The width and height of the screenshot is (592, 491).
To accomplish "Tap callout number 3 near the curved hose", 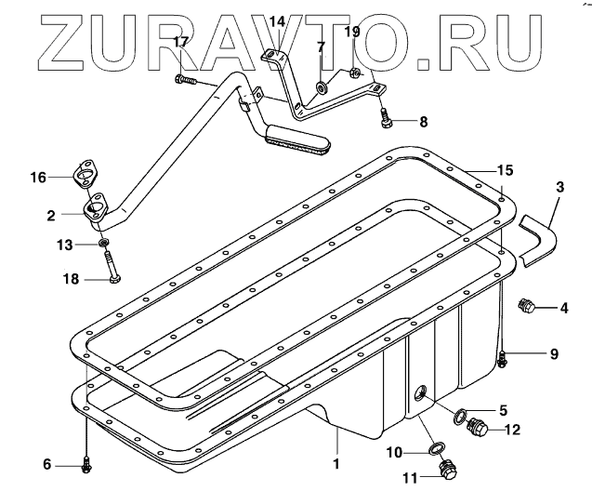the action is point(559,187).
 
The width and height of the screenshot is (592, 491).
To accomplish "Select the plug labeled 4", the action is point(526,307).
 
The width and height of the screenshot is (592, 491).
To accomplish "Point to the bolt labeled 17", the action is point(185,80).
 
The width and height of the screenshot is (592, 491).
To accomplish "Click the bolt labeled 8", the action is point(388,118).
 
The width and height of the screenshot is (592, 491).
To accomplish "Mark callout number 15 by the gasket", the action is point(504,170).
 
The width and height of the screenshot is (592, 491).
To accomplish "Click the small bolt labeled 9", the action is point(502,357).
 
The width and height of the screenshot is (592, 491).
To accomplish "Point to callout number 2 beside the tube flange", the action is point(52,213).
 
